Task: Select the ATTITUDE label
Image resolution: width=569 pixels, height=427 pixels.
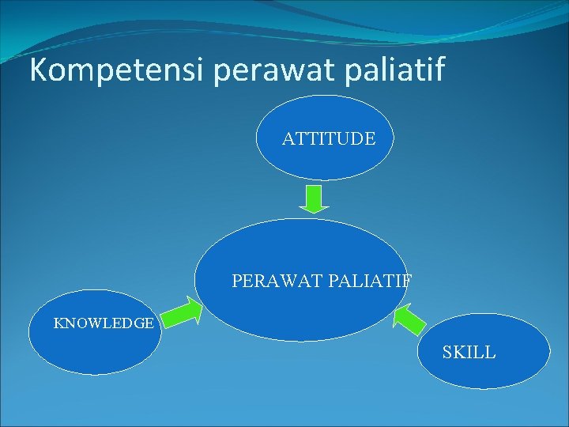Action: [329, 139]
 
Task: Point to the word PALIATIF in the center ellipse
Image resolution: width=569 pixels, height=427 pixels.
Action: [370, 281]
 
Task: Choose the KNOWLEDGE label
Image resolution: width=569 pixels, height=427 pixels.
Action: [103, 323]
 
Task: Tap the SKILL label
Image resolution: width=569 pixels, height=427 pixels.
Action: [469, 353]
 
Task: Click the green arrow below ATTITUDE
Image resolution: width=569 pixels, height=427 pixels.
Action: [315, 198]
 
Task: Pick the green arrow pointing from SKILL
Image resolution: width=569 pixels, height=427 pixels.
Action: [409, 319]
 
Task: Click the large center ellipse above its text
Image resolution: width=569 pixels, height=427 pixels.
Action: [300, 245]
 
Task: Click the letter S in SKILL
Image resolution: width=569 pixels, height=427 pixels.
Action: [447, 353]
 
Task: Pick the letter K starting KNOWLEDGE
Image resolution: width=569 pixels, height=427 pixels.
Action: [58, 323]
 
